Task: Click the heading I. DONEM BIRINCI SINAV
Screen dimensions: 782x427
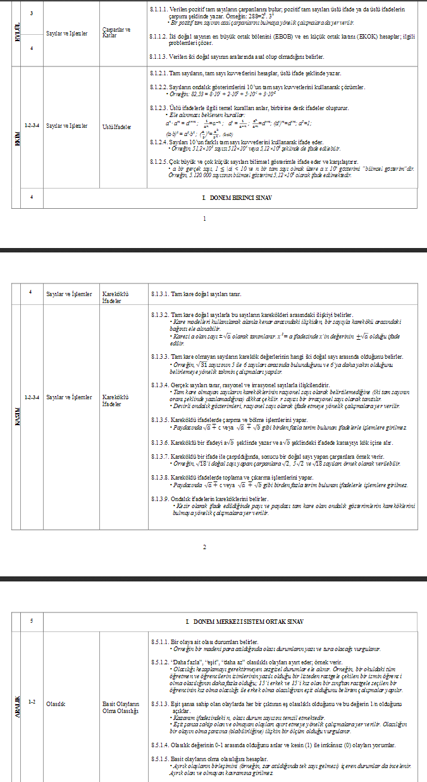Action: click(x=237, y=197)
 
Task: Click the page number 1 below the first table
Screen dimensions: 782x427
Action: click(x=204, y=219)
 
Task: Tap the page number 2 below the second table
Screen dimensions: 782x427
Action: click(x=204, y=547)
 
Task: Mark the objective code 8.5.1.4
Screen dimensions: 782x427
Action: click(x=162, y=745)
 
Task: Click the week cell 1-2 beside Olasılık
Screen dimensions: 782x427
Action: click(x=32, y=702)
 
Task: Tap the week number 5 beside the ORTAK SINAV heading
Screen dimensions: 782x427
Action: click(x=32, y=621)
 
